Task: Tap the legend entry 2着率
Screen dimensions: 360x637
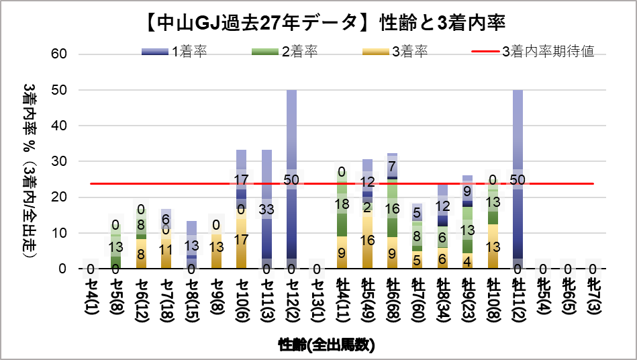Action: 283,52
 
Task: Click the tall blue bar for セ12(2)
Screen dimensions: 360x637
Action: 292,134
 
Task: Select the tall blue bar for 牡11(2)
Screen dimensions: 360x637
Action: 518,134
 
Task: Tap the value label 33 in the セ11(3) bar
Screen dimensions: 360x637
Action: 266,208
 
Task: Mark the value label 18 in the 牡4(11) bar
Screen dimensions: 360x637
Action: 342,204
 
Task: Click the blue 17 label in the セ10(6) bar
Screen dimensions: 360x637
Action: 242,179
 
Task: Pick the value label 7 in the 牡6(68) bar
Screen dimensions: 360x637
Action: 392,166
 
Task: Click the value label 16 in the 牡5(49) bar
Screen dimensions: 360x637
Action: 367,240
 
